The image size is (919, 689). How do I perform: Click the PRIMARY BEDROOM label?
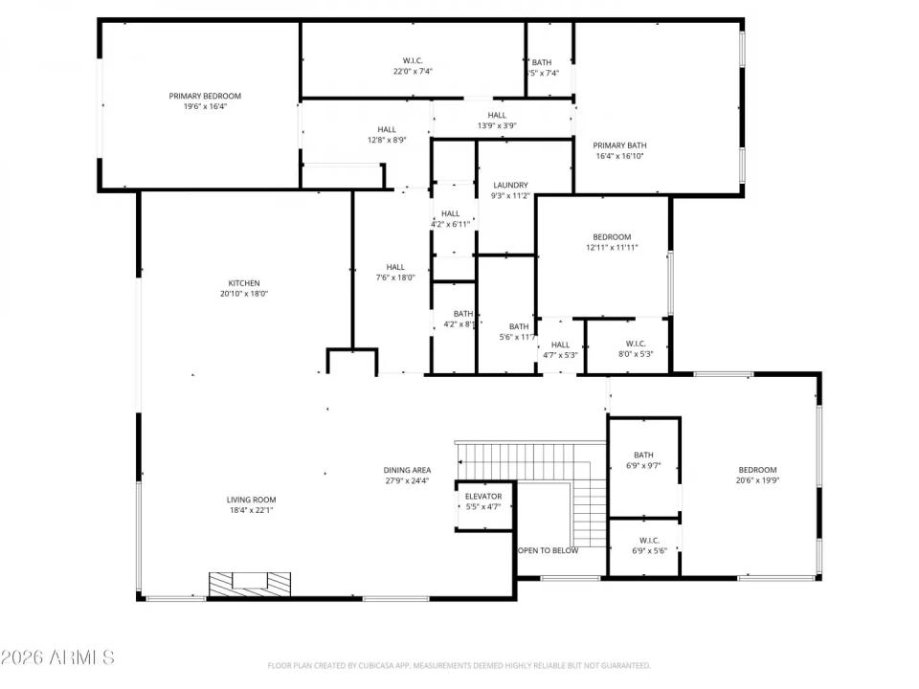[205, 96]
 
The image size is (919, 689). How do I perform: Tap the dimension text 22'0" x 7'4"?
[413, 71]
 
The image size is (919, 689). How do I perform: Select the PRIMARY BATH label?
[620, 145]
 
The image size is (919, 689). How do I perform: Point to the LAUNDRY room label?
[510, 185]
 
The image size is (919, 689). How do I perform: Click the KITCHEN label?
[243, 283]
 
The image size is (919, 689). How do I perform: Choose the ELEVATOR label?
[483, 497]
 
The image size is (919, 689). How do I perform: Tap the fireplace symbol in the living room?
[251, 583]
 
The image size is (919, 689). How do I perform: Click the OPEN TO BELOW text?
[548, 551]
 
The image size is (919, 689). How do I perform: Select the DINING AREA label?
[407, 470]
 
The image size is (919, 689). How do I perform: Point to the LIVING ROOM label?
[251, 500]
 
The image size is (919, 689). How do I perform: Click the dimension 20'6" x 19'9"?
[757, 481]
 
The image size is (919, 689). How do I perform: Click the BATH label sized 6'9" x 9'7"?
[643, 455]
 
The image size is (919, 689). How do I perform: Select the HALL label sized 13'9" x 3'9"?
[497, 115]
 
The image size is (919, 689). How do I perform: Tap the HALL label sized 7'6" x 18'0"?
[394, 267]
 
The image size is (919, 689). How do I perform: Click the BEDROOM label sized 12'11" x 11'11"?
[612, 236]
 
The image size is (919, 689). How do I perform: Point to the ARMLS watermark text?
[57, 657]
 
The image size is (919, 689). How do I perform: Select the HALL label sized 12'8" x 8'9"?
[387, 129]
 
